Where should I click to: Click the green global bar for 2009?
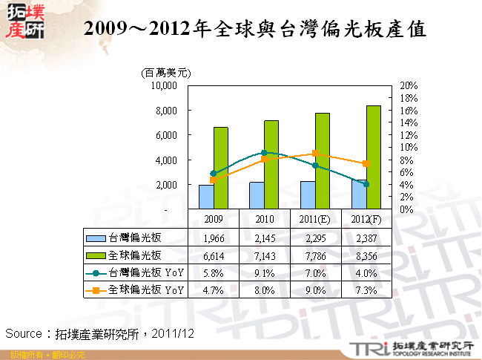pos(221,168)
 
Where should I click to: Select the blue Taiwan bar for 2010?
pos(257,195)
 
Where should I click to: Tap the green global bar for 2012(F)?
pos(373,157)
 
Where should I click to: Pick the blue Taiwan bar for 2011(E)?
pos(308,194)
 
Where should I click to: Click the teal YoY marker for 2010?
pos(265,152)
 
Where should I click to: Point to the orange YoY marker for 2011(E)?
pos(315,154)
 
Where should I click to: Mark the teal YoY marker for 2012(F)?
pos(366,184)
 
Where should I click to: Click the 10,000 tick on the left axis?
pos(163,85)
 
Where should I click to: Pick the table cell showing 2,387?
pos(366,238)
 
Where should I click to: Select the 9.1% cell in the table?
pos(265,272)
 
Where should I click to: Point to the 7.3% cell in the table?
pos(366,289)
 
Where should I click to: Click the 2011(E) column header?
pos(315,220)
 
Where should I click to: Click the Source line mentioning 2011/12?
pos(100,333)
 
